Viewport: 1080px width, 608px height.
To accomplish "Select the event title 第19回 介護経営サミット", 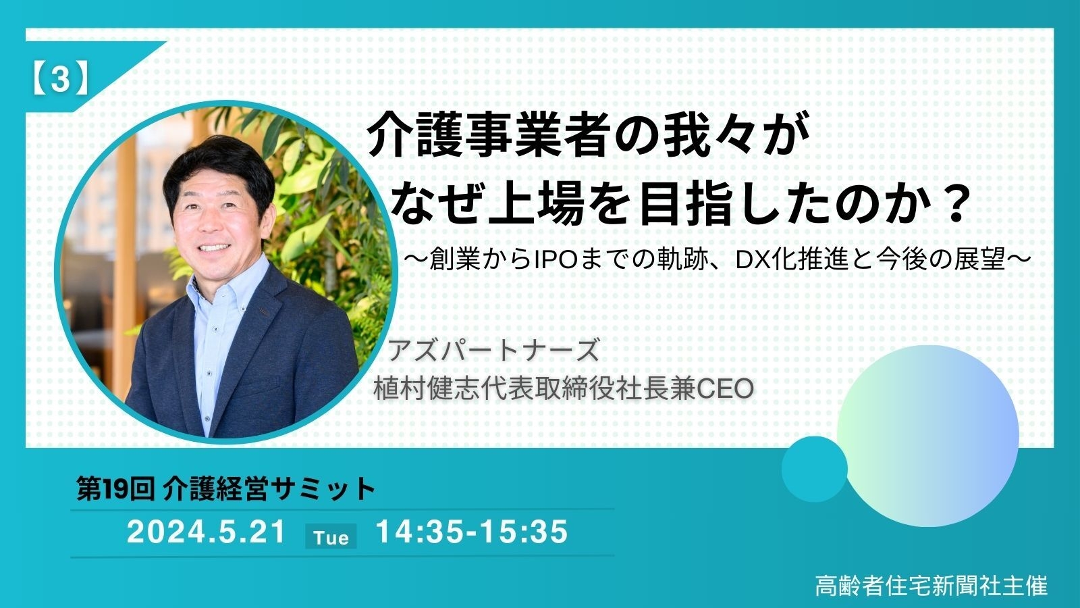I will tap(225, 488).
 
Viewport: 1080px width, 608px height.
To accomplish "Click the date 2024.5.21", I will tap(207, 532).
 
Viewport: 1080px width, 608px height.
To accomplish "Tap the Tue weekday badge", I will tap(331, 537).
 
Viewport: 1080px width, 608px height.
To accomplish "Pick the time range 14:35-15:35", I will tap(471, 532).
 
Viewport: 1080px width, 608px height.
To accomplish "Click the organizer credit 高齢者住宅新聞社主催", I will tap(931, 585).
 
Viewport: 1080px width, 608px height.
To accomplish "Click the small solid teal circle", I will tap(814, 469).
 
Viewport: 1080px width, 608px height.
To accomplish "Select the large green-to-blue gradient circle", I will tap(928, 435).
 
